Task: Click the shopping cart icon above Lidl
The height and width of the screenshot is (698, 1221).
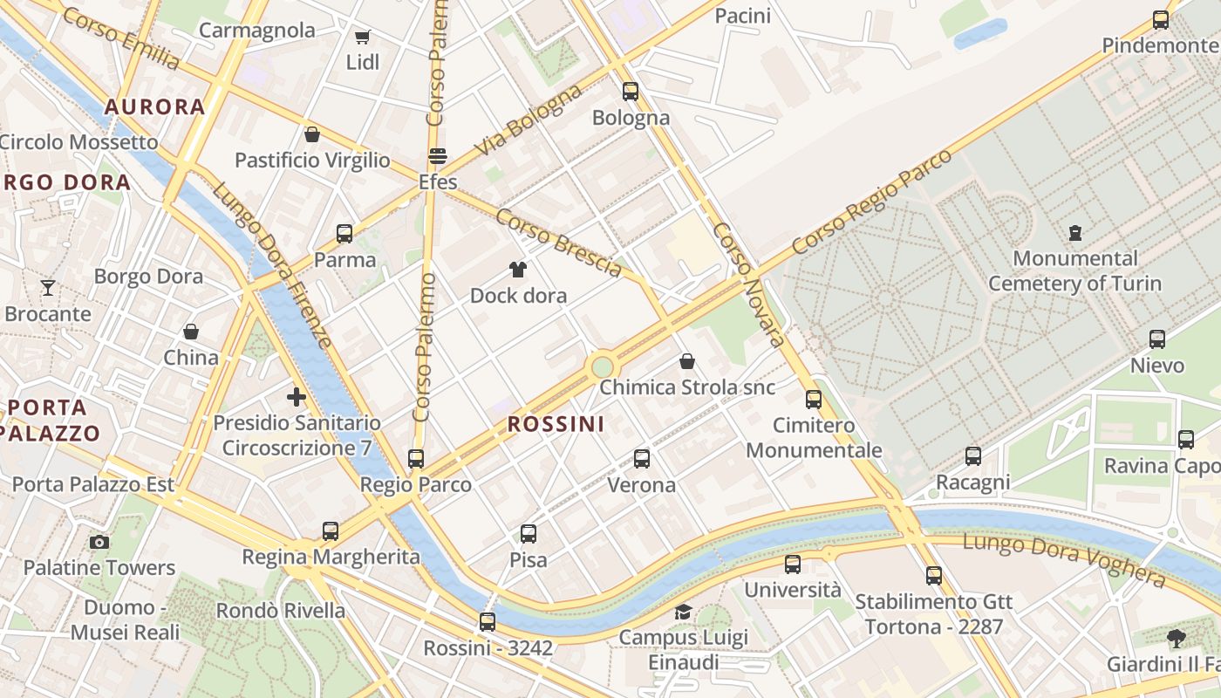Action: click(x=362, y=37)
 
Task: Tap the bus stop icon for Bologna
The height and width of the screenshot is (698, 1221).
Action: click(x=631, y=91)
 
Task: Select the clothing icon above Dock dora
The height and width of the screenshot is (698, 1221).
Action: click(x=518, y=270)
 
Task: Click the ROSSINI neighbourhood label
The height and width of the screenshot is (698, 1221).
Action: click(x=556, y=424)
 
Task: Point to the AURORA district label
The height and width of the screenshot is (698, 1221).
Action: click(x=154, y=106)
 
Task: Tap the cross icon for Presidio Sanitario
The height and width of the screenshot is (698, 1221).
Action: click(x=297, y=397)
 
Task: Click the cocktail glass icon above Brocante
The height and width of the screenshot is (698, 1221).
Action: click(x=48, y=287)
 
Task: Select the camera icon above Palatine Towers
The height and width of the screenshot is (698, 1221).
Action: click(x=99, y=542)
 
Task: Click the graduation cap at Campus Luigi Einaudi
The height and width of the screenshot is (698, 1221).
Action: click(x=683, y=612)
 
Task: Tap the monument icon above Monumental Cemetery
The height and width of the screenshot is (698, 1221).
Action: click(x=1074, y=233)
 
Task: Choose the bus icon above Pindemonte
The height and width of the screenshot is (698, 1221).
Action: click(x=1161, y=19)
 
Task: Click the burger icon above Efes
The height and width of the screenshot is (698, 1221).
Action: click(x=438, y=156)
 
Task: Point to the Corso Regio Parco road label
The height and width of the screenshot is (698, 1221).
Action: click(x=871, y=202)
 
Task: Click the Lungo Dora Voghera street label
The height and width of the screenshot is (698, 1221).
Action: click(x=1064, y=560)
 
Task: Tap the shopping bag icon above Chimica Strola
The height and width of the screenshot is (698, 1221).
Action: click(x=687, y=361)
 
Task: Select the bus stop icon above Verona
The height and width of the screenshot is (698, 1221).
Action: click(x=642, y=458)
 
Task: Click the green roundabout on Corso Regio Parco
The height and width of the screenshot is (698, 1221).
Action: click(x=602, y=366)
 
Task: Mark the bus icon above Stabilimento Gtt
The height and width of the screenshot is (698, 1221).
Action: click(x=934, y=575)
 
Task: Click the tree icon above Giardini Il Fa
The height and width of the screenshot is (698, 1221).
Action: click(x=1177, y=638)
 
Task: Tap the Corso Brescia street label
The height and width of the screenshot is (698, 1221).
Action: click(x=559, y=243)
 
